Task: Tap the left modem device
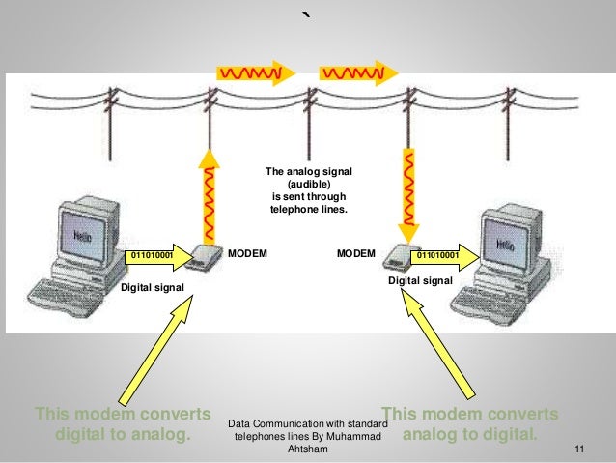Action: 203,256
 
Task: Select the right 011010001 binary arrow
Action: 444,255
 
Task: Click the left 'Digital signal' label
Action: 153,287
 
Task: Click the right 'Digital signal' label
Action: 420,279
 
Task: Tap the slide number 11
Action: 579,448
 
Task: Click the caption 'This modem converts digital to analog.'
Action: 123,423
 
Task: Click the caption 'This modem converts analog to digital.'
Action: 470,423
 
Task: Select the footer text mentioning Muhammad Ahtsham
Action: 308,436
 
